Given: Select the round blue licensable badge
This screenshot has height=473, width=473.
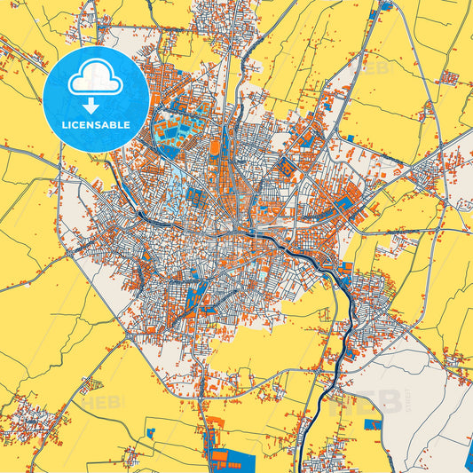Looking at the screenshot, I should (x=95, y=99).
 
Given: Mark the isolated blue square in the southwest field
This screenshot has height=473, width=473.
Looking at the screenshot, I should (x=151, y=432).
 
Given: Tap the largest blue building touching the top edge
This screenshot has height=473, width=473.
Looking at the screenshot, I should (x=387, y=5).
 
